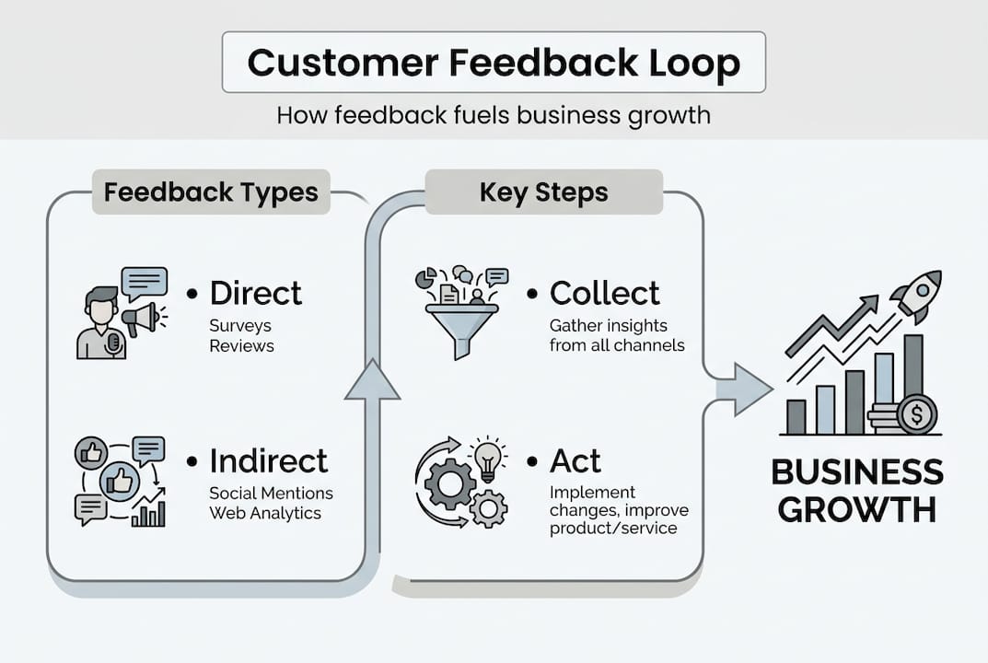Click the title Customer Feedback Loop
[x=494, y=63]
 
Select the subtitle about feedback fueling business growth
[x=494, y=116]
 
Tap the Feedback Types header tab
[x=211, y=192]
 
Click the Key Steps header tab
[x=543, y=192]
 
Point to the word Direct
[x=255, y=293]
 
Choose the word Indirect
[x=268, y=460]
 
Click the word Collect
[x=604, y=293]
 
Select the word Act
[x=575, y=460]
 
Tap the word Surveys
[x=240, y=326]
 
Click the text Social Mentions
[x=271, y=494]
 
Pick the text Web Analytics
[x=265, y=513]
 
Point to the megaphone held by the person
[x=141, y=319]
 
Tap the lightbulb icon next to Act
[x=487, y=455]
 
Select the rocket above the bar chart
[x=916, y=295]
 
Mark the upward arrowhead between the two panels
[x=372, y=378]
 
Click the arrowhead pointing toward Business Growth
[x=750, y=390]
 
